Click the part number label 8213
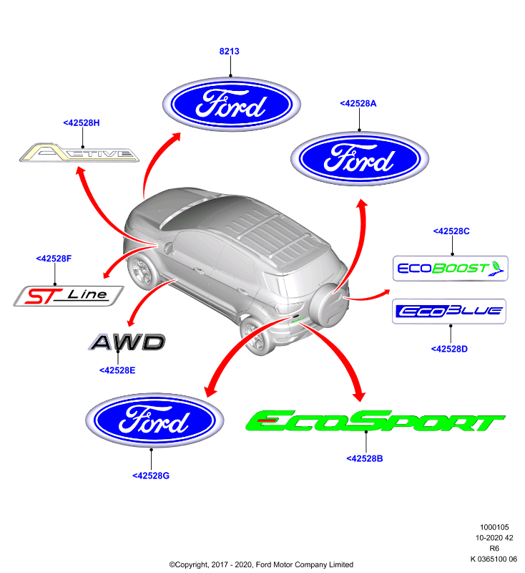(229, 51)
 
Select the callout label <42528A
(358, 103)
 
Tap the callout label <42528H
(82, 122)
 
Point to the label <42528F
(54, 259)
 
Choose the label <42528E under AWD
(117, 370)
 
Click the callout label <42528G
(151, 476)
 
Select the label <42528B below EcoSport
(365, 458)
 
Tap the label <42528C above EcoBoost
(451, 231)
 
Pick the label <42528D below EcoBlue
(449, 349)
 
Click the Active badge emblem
(79, 153)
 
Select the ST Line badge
(69, 296)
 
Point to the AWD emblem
(127, 342)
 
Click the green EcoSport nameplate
(375, 421)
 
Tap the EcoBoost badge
(450, 269)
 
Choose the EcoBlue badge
(448, 312)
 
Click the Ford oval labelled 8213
(231, 104)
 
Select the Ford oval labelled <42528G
(154, 420)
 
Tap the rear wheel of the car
(256, 336)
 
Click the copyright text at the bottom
(261, 564)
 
